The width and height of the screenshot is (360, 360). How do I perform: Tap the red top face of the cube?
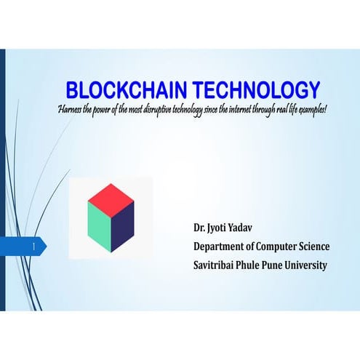point(111,195)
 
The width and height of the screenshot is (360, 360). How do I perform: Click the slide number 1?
point(34,247)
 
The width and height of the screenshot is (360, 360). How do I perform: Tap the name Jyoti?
point(219,228)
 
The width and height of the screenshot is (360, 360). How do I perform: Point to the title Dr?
point(199,228)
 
